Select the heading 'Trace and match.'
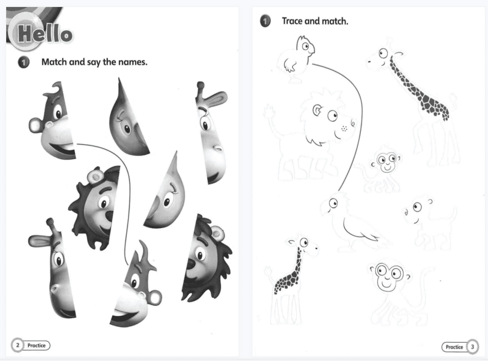click(315, 21)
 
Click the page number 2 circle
click(17, 345)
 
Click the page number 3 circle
click(472, 347)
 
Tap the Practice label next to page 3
click(454, 347)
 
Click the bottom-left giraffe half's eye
click(59, 261)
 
